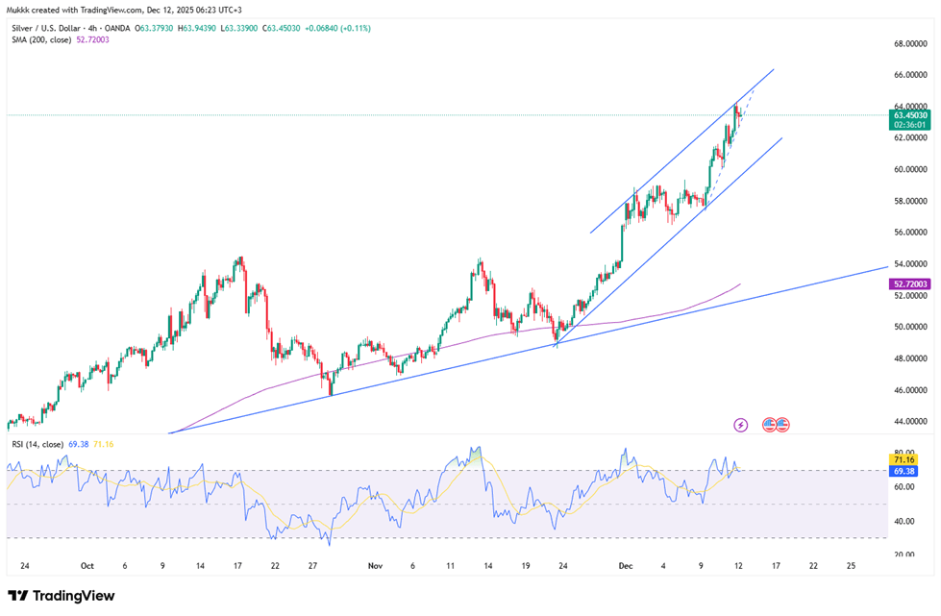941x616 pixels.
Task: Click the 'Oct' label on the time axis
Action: (87, 566)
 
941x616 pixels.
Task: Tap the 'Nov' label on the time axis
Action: (375, 566)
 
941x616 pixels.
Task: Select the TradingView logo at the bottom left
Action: (62, 596)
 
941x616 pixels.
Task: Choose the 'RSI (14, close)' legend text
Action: (38, 444)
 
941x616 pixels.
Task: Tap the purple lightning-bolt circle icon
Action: (740, 424)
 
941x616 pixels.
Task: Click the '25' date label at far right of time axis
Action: (851, 566)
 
